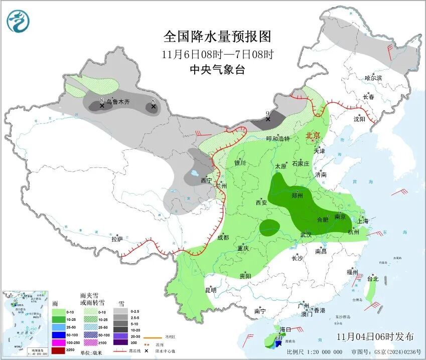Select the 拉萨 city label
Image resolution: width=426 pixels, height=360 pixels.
117,239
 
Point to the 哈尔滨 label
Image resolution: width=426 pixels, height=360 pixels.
373,78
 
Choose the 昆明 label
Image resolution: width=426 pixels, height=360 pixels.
210,290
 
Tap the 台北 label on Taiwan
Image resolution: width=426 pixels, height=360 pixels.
372,279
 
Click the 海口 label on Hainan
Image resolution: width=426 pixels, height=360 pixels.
286,329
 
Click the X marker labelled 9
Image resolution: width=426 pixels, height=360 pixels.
268,119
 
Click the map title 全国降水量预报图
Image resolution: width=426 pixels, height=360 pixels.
217,37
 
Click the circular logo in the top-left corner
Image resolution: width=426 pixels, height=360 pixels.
18,21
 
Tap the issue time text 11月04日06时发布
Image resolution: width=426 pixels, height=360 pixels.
375,336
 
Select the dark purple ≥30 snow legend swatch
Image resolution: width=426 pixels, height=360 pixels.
120,342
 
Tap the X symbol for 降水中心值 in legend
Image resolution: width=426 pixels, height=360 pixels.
149,350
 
